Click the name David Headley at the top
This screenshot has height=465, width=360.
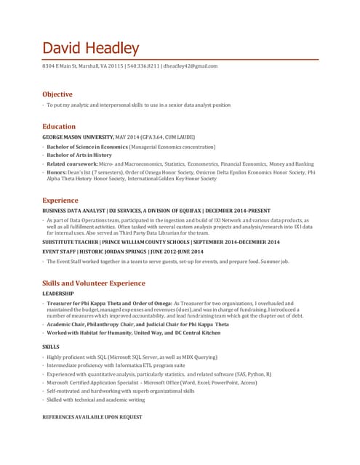coord(91,48)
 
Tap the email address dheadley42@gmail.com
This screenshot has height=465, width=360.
coord(191,66)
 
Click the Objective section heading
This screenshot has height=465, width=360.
coord(57,94)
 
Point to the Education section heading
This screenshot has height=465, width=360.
coord(59,126)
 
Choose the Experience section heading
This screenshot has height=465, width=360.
coord(60,199)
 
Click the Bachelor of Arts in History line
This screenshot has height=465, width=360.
coord(80,155)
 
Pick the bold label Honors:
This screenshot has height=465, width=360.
coord(57,173)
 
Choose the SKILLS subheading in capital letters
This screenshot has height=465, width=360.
coord(51,347)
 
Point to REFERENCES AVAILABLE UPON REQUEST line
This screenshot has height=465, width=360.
coord(92,418)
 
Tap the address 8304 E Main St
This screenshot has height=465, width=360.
coord(66,66)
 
